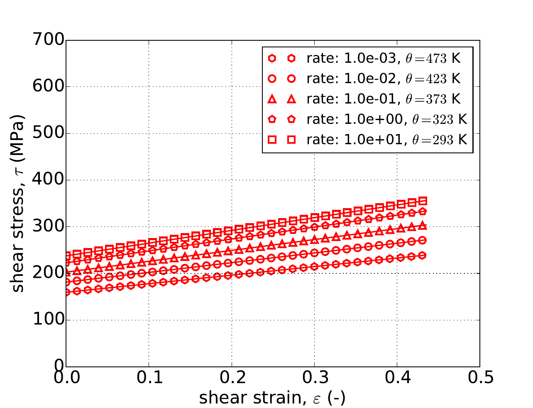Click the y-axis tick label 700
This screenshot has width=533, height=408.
[49, 40]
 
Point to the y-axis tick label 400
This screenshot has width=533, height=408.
[49, 180]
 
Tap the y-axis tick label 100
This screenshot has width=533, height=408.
[49, 320]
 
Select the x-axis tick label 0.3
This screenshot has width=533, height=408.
[314, 378]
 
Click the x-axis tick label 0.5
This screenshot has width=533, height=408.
[480, 378]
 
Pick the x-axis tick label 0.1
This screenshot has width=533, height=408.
[149, 378]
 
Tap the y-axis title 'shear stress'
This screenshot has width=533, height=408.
[17, 204]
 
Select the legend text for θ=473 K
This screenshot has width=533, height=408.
[384, 59]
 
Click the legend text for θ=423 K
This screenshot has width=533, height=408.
[384, 79]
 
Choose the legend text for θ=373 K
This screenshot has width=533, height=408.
[384, 99]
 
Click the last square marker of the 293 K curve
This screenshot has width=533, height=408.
[423, 201]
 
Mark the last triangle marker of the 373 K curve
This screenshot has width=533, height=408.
[423, 226]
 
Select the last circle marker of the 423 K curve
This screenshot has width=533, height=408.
[423, 240]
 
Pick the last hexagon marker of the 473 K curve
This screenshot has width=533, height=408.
[423, 255]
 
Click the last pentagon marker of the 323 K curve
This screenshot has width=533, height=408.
[423, 211]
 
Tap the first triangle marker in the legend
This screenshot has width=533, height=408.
[272, 99]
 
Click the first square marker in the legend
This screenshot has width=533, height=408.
[272, 140]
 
